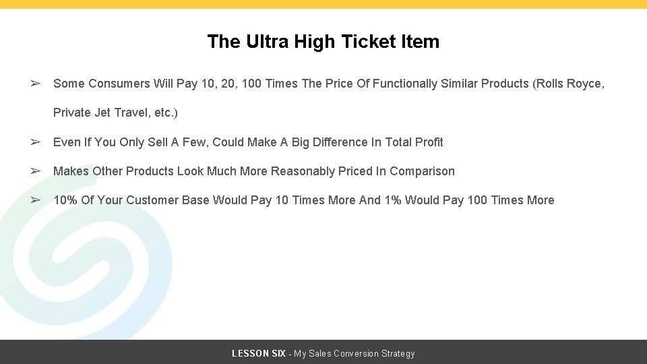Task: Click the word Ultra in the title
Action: coord(261,42)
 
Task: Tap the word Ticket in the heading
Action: coord(370,42)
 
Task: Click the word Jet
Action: coord(103,113)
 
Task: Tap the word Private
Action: coord(71,113)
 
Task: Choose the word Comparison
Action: coord(422,171)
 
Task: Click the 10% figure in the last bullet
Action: coord(65,200)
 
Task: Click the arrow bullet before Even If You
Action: coord(36,142)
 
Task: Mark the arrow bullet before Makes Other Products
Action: coord(36,171)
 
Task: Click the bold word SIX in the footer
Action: coord(277,353)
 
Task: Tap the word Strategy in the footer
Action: coord(399,353)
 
